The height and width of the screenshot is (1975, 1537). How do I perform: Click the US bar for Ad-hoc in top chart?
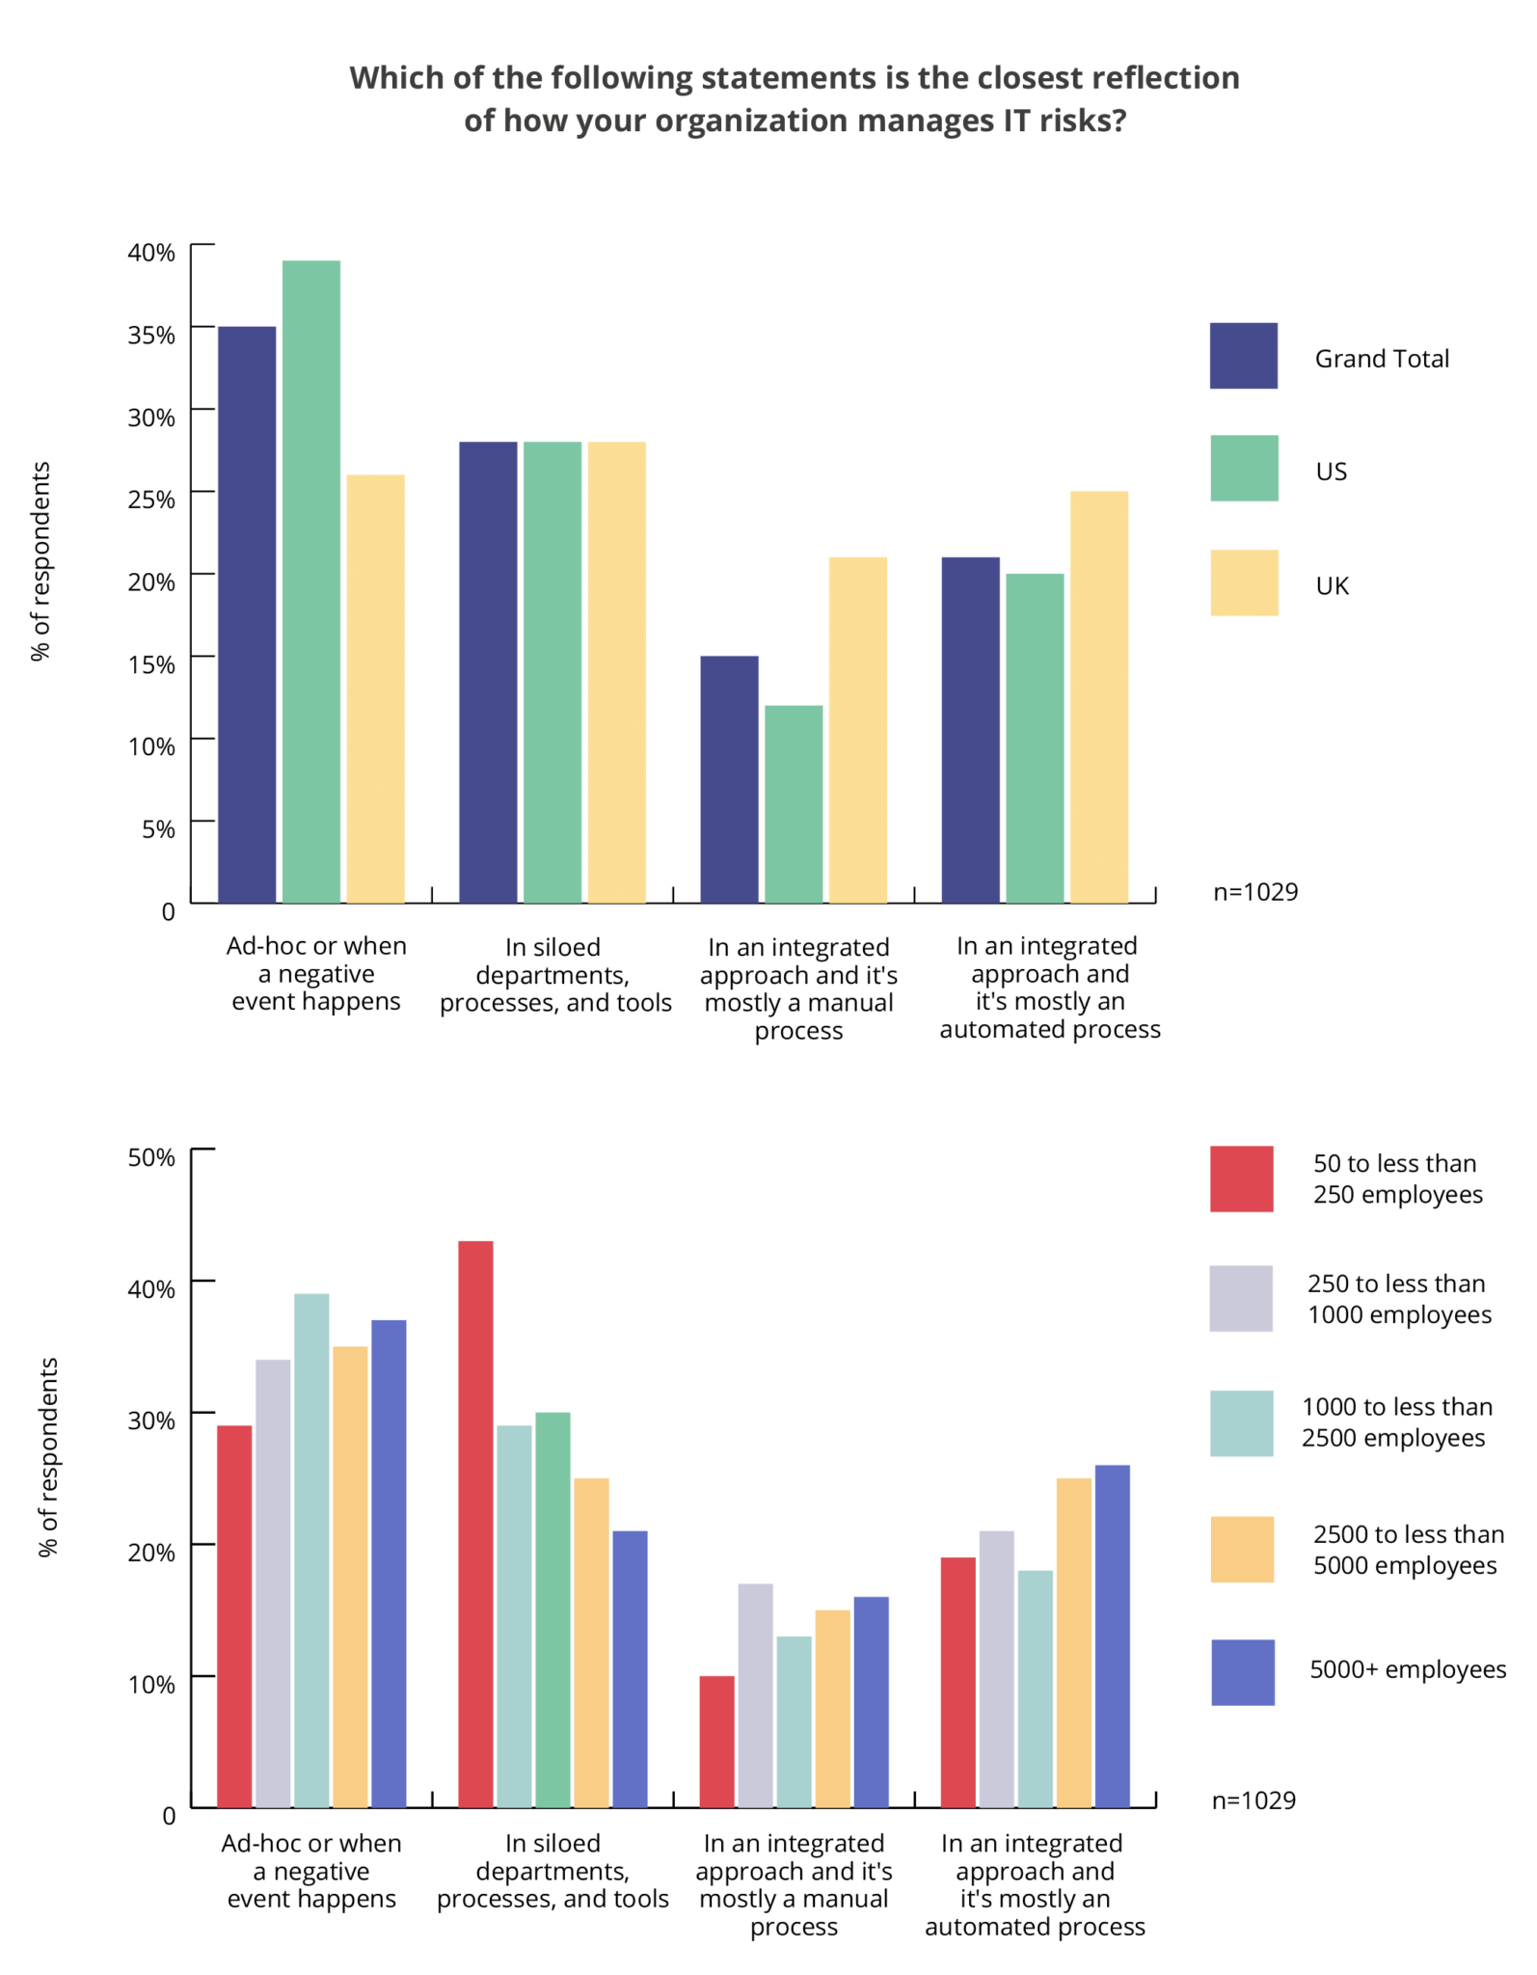[310, 581]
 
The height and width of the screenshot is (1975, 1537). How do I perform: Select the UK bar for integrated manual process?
[857, 729]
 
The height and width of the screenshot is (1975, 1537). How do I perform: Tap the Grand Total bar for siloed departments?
[488, 672]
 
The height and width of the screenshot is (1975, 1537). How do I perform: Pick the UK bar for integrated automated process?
[1098, 696]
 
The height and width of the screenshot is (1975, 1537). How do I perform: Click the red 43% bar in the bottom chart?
[475, 1524]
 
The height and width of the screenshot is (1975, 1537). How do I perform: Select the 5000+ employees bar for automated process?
[1112, 1636]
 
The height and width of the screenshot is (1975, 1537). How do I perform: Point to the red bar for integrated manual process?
[716, 1742]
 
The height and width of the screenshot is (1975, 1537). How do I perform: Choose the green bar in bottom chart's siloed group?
[553, 1610]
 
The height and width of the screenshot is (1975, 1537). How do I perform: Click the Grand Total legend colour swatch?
[1243, 356]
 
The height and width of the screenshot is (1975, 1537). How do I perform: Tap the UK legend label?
[1332, 586]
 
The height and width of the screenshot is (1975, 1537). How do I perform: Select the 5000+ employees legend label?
[1407, 1669]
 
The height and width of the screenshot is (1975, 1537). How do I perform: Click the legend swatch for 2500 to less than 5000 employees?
[1242, 1549]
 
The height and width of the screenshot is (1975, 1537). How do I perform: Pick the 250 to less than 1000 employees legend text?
[1398, 1299]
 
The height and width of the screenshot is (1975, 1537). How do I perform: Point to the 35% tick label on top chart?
[152, 336]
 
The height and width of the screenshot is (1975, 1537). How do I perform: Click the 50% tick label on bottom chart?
[152, 1157]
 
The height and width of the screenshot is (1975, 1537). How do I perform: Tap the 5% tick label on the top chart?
[158, 829]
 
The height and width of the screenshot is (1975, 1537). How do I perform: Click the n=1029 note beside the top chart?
[1254, 892]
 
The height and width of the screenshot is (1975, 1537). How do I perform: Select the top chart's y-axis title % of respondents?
[40, 561]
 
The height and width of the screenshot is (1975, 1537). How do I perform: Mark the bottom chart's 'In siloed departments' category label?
[553, 1871]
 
